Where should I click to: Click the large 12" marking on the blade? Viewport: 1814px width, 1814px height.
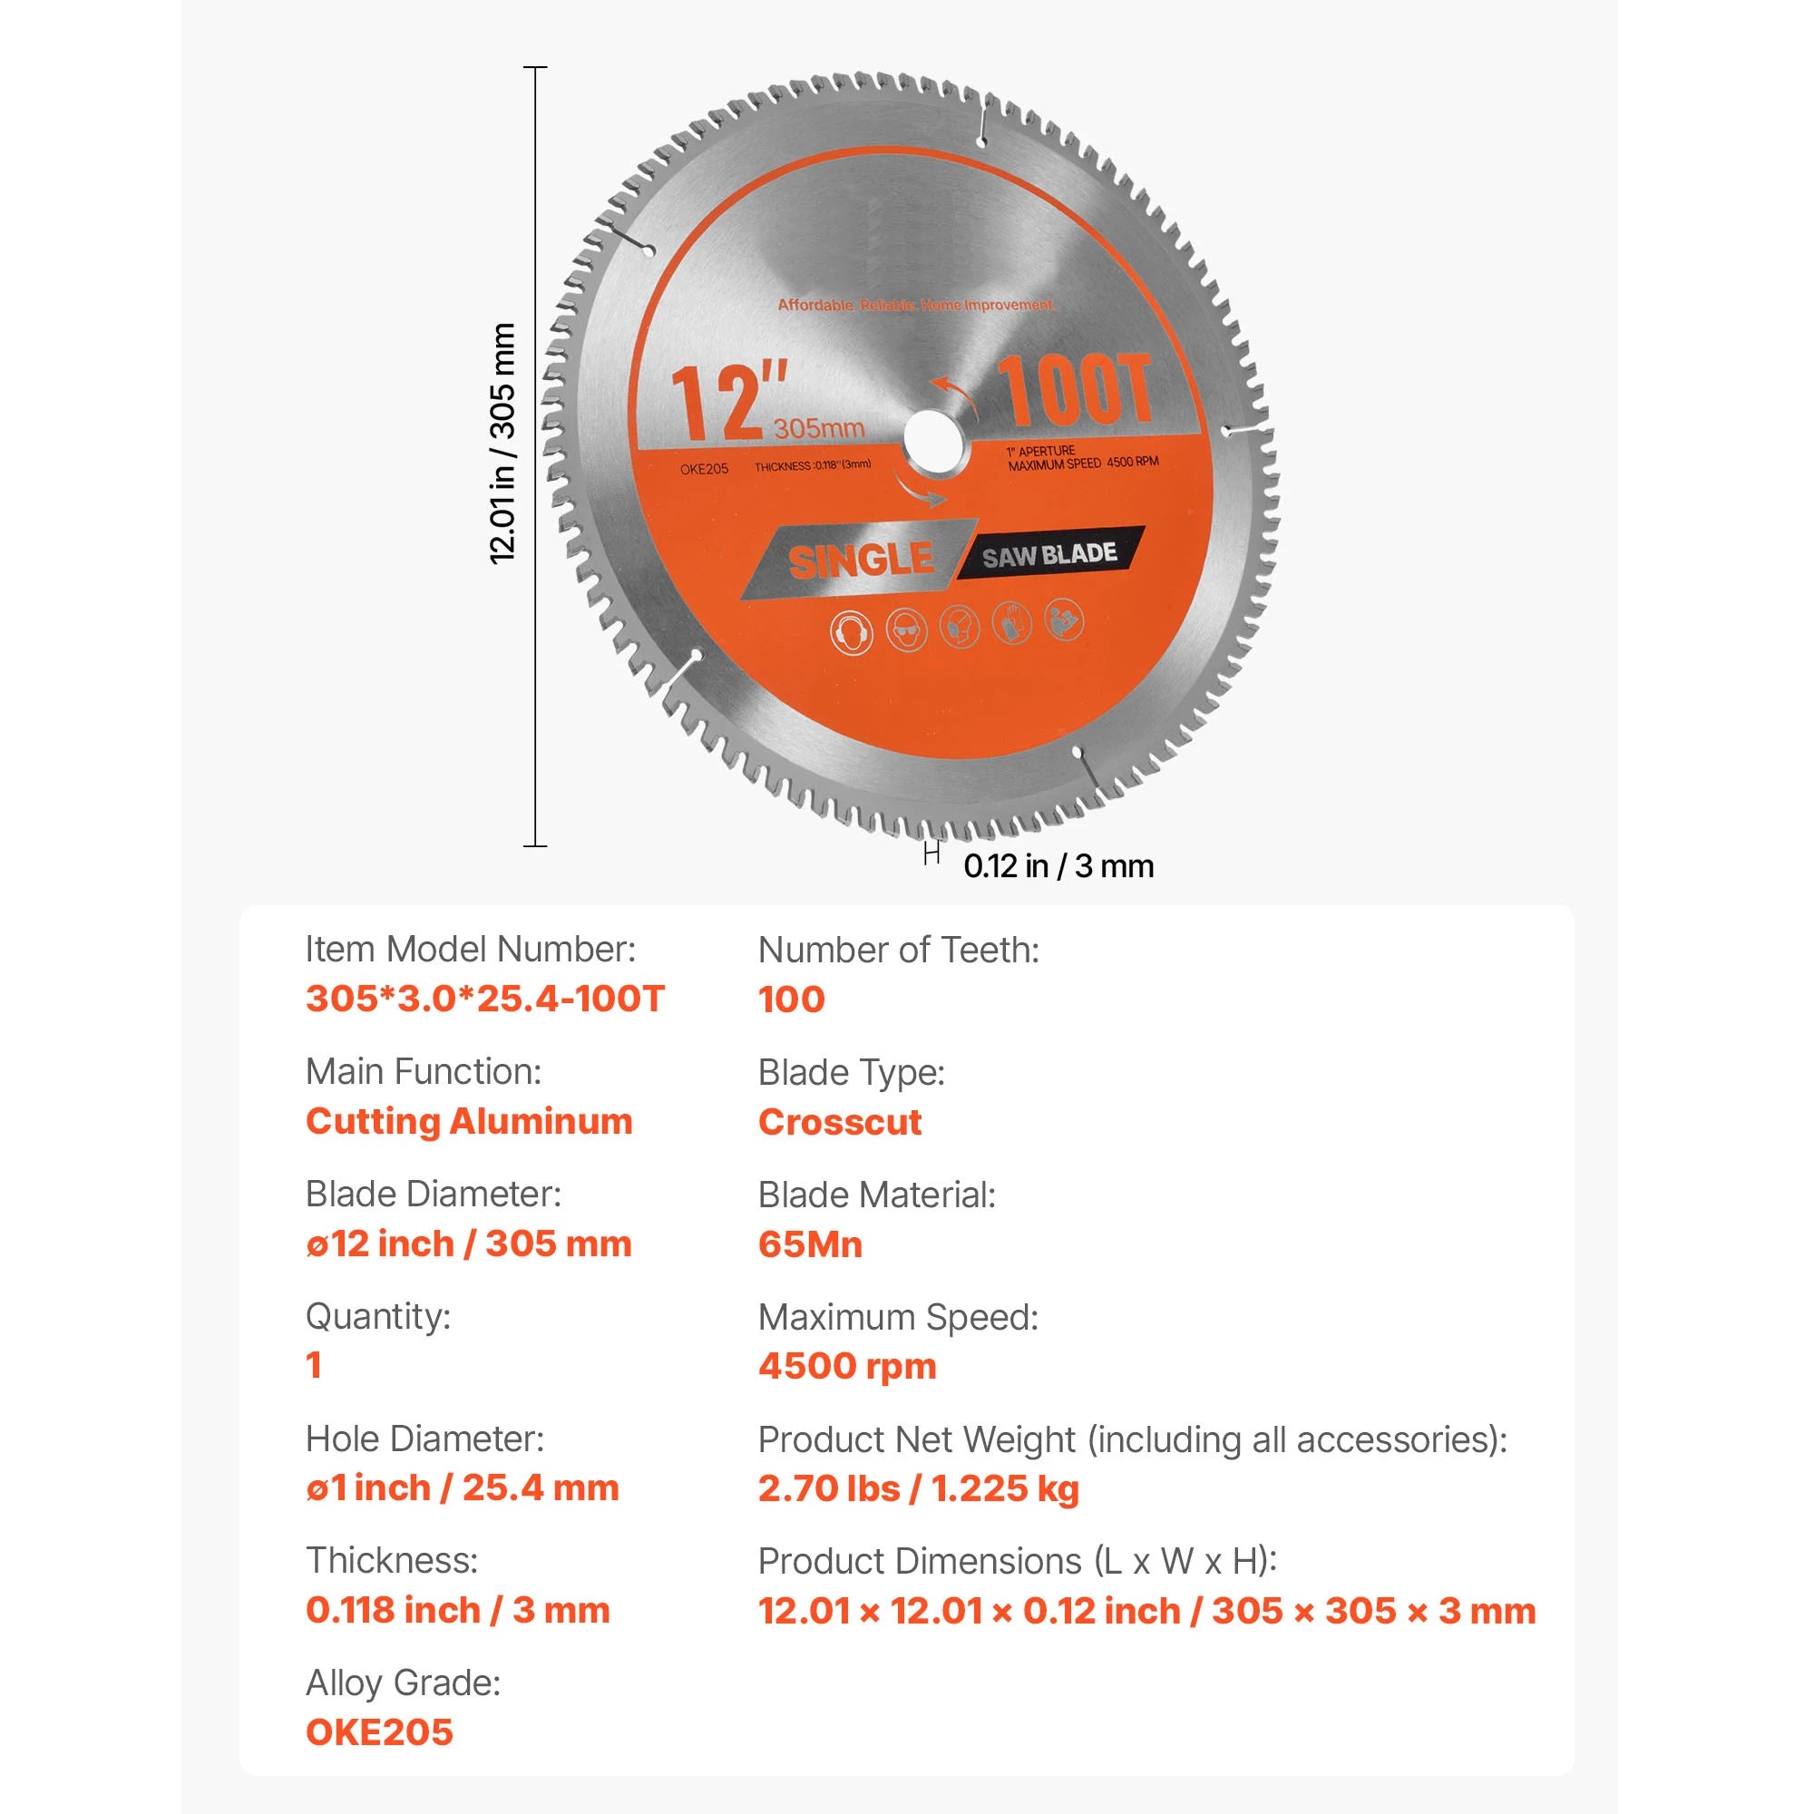(x=728, y=401)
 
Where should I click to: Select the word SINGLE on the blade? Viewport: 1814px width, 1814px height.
(x=861, y=561)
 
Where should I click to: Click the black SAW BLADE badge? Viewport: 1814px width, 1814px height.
(x=1050, y=554)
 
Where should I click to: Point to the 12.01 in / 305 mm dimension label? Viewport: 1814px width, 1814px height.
(x=503, y=444)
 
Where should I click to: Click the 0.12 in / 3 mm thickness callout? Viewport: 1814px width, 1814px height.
(x=1058, y=865)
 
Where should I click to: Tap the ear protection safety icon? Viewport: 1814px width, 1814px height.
(x=852, y=632)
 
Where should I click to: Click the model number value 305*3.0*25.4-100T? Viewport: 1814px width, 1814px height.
(x=485, y=998)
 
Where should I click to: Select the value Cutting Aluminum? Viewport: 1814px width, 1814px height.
(x=470, y=1121)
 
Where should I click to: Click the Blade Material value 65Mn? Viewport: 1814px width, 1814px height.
(x=810, y=1244)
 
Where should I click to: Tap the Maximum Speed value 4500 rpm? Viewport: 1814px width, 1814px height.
(x=848, y=1366)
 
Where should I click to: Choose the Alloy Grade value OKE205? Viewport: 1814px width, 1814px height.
(x=379, y=1732)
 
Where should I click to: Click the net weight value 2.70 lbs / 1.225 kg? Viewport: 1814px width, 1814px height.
(x=919, y=1488)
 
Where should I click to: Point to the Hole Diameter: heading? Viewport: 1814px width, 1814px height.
(x=424, y=1439)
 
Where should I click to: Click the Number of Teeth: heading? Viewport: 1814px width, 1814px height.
(x=899, y=951)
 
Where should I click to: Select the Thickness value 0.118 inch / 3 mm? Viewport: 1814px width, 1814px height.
(x=458, y=1610)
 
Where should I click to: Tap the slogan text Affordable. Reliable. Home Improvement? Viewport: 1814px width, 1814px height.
(x=915, y=305)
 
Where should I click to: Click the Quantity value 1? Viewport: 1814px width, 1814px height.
(x=314, y=1365)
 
